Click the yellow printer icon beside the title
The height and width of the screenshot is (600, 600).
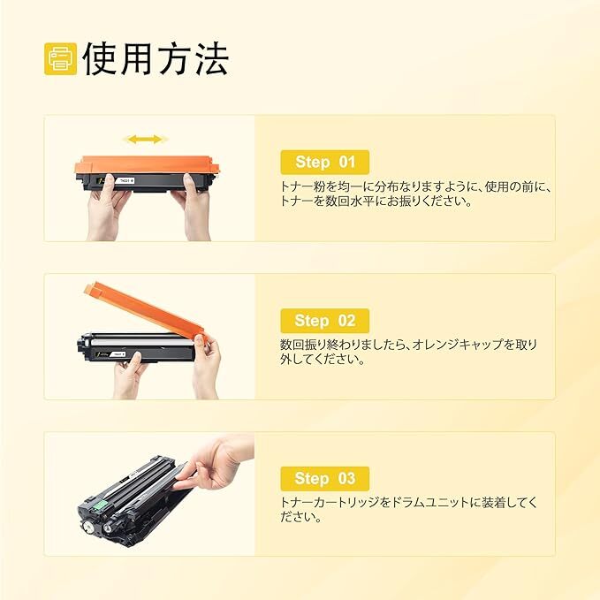coord(60,59)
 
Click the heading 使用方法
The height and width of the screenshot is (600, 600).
coord(156,58)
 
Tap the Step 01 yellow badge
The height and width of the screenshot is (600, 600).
coord(324,162)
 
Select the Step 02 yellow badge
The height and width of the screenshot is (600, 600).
coord(324,320)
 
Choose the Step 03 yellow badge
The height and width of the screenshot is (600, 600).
coord(324,478)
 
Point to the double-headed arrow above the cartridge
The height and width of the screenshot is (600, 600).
coord(144,140)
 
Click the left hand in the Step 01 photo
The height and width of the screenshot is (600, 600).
coord(109,208)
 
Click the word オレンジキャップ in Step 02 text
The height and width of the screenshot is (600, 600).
coord(444,345)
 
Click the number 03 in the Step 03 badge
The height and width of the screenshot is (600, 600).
coord(346,478)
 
